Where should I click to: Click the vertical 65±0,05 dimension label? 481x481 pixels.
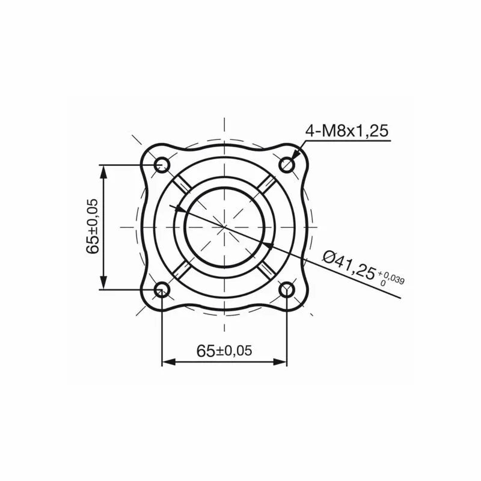point(93,227)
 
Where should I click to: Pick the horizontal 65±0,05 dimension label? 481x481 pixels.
point(224,351)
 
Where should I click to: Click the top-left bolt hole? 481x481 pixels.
point(162,164)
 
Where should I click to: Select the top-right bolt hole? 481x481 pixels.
point(287,164)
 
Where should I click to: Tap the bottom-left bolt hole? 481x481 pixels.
point(162,290)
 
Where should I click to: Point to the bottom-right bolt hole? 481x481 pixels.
point(287,290)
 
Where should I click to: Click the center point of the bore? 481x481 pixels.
point(224,227)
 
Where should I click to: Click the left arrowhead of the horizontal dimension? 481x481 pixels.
point(169,362)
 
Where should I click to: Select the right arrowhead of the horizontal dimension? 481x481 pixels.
point(280,362)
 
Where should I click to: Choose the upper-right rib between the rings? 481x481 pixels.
point(267,185)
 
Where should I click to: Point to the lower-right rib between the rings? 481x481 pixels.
point(267,270)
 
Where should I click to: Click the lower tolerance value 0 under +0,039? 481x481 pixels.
point(383,282)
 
